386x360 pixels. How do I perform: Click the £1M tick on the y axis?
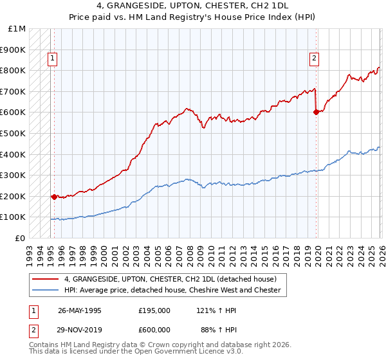(17, 29)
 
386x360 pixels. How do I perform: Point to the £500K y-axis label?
(13, 134)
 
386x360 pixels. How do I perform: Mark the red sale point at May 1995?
(54, 197)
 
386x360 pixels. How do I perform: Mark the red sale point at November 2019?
(315, 112)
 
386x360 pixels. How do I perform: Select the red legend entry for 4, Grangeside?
(170, 279)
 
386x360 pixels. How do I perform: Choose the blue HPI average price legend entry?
(172, 290)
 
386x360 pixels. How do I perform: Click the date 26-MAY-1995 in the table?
(80, 310)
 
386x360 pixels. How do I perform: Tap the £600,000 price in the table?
(154, 329)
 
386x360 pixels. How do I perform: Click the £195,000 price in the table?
(154, 310)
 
